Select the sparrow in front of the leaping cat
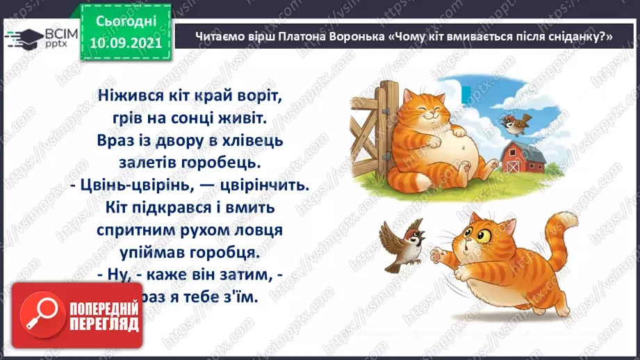(400, 243)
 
